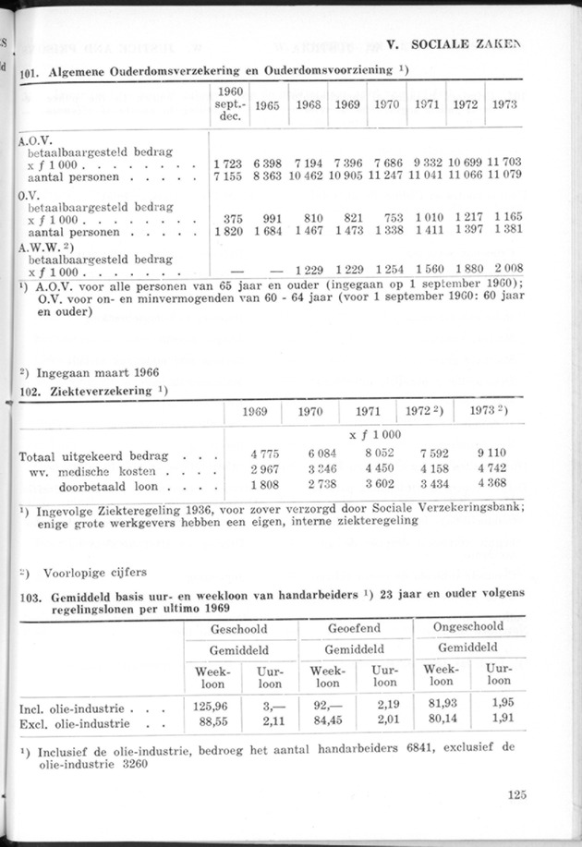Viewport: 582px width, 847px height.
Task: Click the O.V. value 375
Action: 234,218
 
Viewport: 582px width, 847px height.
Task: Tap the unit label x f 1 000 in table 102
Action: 375,433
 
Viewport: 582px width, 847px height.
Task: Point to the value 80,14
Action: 441,722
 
